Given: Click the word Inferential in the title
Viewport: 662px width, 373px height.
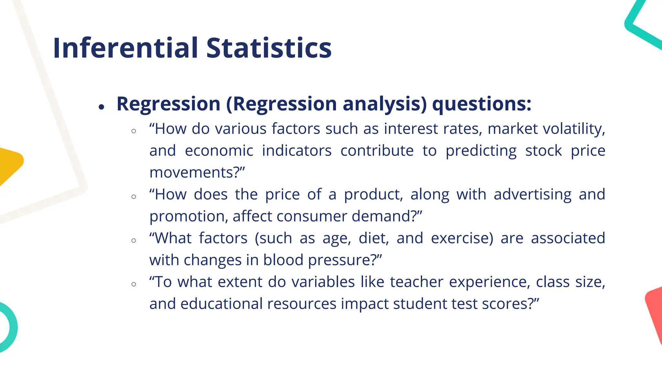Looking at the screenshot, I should coord(125,48).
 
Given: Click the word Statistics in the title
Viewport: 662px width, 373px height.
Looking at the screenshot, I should coord(269,48).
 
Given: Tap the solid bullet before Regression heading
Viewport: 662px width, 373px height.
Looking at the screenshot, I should coord(101,107).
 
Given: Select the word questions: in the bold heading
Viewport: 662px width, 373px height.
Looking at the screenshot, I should coord(482,104).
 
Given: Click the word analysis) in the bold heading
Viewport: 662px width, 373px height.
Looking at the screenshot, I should coord(385,104).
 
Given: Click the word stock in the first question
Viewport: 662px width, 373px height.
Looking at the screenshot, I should coord(543,151).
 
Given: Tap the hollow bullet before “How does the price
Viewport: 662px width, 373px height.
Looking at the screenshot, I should coord(134,197).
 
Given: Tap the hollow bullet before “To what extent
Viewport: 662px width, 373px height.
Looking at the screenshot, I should coord(134,284).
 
